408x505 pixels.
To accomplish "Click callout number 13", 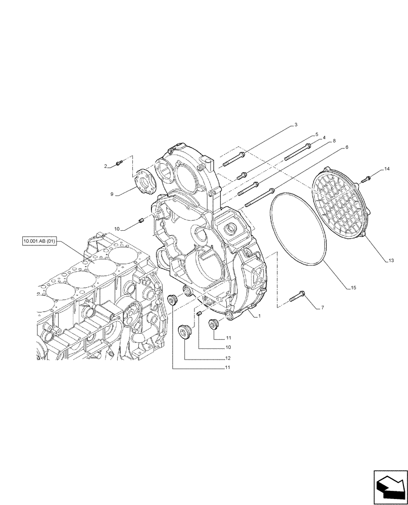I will [391, 261].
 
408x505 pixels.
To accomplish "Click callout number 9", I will [112, 193].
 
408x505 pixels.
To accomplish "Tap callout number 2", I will [106, 166].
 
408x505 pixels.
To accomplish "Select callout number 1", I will [259, 316].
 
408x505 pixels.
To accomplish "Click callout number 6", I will [346, 147].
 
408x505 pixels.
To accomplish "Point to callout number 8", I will [334, 142].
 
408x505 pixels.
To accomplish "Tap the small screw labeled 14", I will [367, 177].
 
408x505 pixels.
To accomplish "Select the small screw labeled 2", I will [120, 163].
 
